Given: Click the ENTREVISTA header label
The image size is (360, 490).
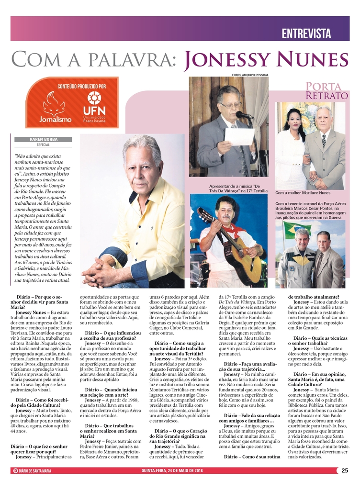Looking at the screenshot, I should [306, 33].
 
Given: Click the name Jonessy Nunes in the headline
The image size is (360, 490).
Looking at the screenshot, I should [266, 60].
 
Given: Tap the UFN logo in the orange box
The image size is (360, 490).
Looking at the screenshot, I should [94, 107].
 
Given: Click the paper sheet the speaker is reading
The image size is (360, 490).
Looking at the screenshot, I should [239, 136].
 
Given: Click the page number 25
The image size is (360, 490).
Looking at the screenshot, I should [345, 471].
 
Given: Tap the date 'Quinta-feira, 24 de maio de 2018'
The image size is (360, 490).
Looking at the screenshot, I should [172, 471].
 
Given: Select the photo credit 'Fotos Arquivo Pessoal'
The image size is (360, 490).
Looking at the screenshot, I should [250, 75].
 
